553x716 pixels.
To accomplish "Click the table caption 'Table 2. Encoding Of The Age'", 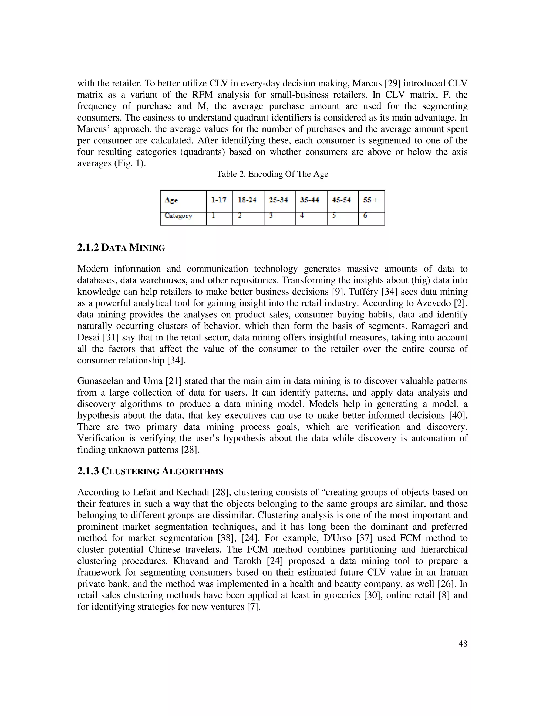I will [272, 174].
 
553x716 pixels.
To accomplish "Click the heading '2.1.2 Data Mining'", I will [121, 248].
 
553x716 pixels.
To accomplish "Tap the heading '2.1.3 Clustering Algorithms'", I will [150, 471].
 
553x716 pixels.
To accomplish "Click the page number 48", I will [463, 644].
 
